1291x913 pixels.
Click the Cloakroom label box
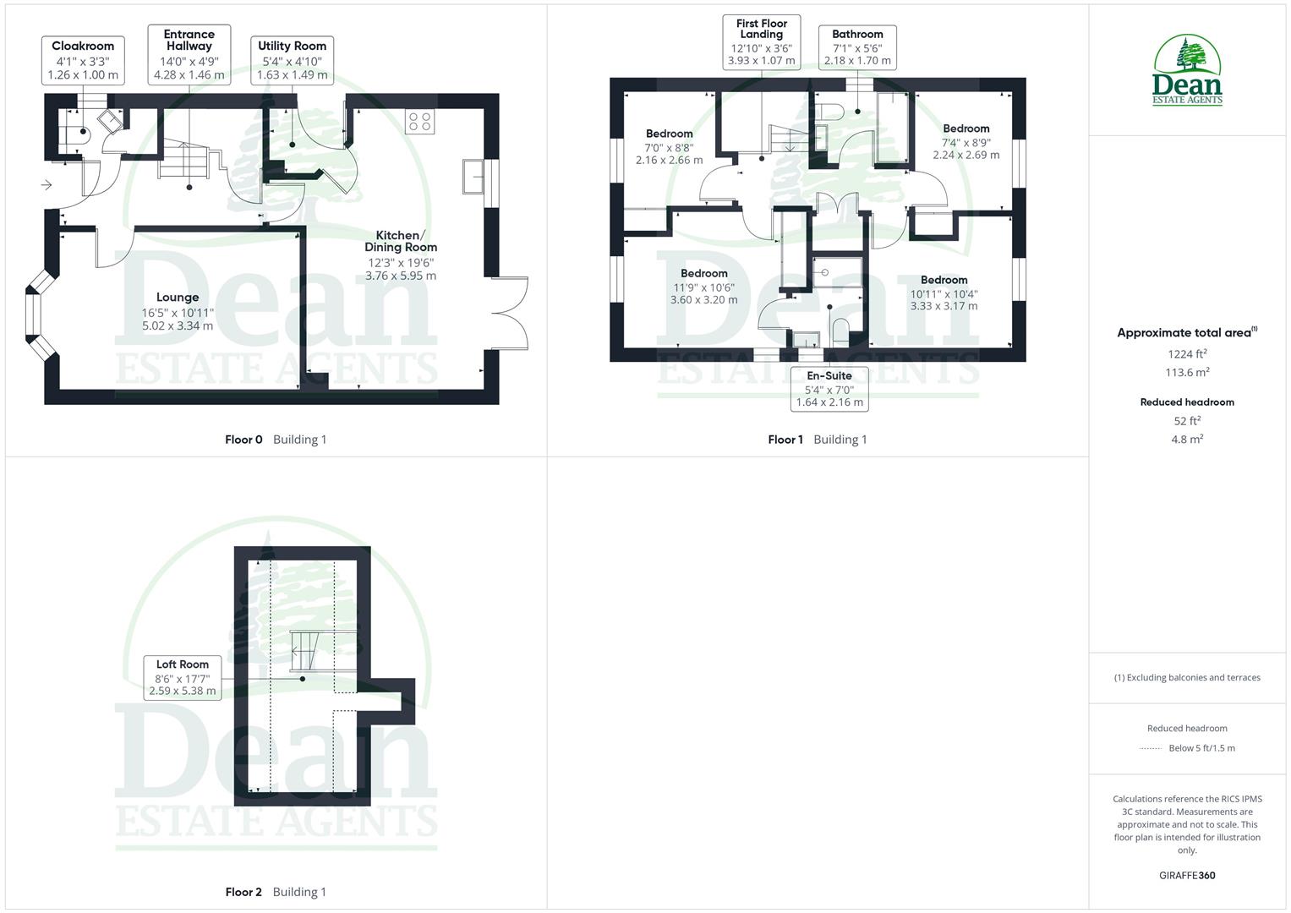[x=83, y=60]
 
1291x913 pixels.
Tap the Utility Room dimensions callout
[x=292, y=60]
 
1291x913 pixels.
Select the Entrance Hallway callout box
[x=189, y=54]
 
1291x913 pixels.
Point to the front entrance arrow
[x=46, y=184]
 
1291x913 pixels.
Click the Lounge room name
[x=178, y=298]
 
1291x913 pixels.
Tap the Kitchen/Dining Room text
[x=401, y=242]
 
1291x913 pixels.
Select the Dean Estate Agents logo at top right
[x=1187, y=71]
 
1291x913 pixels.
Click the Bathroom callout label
[x=857, y=47]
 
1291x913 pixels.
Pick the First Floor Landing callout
[x=762, y=41]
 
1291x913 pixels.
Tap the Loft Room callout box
[x=182, y=677]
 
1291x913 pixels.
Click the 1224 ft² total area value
[x=1187, y=354]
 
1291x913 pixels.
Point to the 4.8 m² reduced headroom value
[x=1187, y=439]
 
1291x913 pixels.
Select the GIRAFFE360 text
[x=1187, y=876]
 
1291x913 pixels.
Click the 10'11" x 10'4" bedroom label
[x=944, y=293]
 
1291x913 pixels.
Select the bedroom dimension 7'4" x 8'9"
[x=966, y=143]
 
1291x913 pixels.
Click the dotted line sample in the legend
[x=1151, y=748]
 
